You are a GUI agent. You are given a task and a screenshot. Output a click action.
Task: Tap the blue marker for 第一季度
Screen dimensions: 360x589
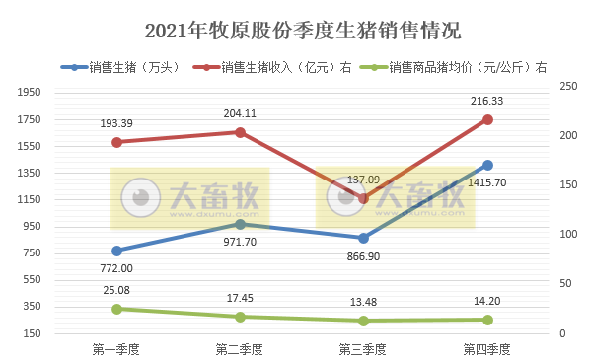pyautogui.click(x=116, y=251)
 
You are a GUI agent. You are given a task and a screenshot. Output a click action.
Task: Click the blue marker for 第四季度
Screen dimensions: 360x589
pyautogui.click(x=487, y=165)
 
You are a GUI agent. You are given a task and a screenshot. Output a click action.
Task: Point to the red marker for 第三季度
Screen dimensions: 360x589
pyautogui.click(x=364, y=198)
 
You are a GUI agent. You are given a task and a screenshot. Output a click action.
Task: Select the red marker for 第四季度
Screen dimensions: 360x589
pyautogui.click(x=487, y=119)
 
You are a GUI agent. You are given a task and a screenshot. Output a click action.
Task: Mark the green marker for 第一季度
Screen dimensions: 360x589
pyautogui.click(x=116, y=309)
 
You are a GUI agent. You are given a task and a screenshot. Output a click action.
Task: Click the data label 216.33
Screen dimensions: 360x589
pyautogui.click(x=487, y=101)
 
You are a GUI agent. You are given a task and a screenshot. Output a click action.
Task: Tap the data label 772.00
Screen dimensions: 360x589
pyautogui.click(x=116, y=268)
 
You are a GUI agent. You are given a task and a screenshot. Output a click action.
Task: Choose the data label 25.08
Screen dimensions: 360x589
pyautogui.click(x=116, y=290)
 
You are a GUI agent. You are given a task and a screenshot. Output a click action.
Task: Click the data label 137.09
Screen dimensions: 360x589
pyautogui.click(x=364, y=180)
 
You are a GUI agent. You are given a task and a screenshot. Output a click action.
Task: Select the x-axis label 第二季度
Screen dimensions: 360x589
pyautogui.click(x=240, y=349)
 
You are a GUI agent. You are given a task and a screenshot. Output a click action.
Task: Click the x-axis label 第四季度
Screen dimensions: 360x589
pyautogui.click(x=487, y=349)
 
